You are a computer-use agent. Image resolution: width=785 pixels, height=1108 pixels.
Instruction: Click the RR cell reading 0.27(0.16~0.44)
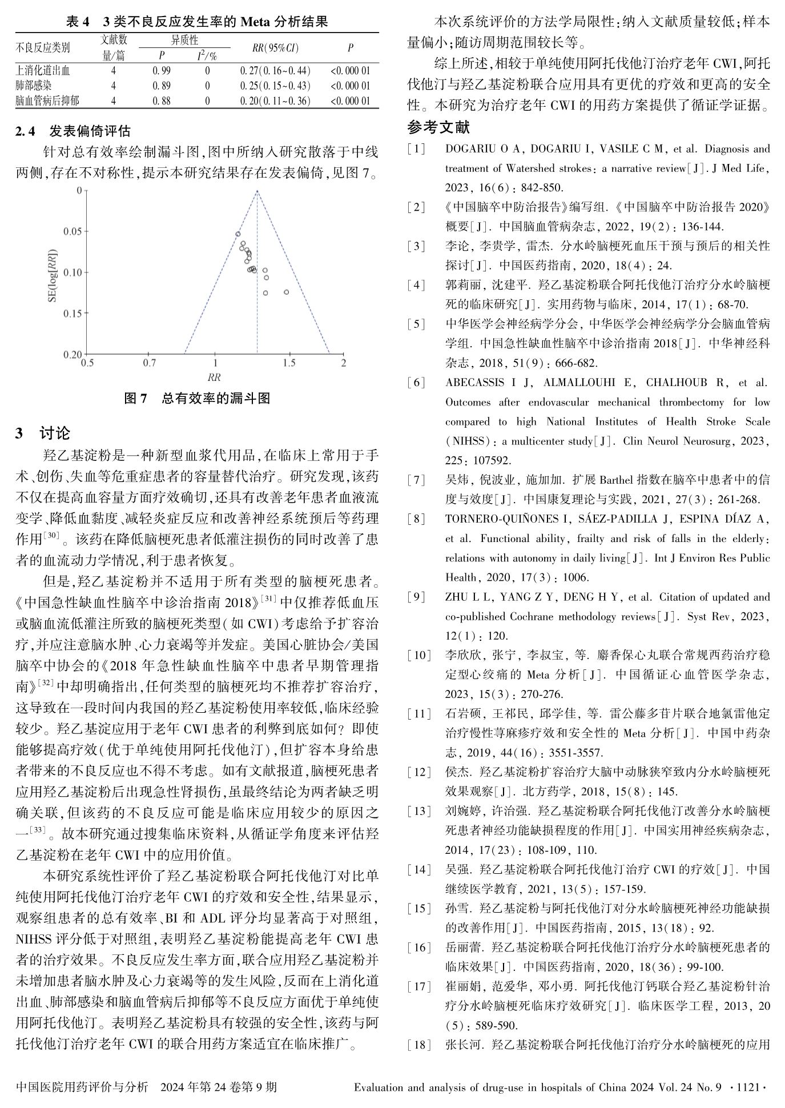click(275, 71)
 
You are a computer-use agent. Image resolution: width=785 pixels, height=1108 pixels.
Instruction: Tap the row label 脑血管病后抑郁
click(47, 101)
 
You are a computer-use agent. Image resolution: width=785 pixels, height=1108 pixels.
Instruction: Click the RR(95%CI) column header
click(275, 49)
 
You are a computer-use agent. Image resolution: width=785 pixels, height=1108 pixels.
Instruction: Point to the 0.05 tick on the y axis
click(73, 231)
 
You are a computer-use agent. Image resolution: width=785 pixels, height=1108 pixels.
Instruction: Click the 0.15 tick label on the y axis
click(73, 313)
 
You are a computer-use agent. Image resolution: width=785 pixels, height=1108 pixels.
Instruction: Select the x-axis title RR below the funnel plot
click(214, 378)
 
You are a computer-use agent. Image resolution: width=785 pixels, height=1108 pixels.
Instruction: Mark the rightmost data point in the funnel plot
click(286, 292)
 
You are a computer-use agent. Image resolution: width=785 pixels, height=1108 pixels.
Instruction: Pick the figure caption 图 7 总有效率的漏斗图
click(197, 399)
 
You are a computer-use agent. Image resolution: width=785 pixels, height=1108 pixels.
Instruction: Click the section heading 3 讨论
click(43, 433)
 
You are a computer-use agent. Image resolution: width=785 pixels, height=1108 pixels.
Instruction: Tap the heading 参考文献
click(438, 126)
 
